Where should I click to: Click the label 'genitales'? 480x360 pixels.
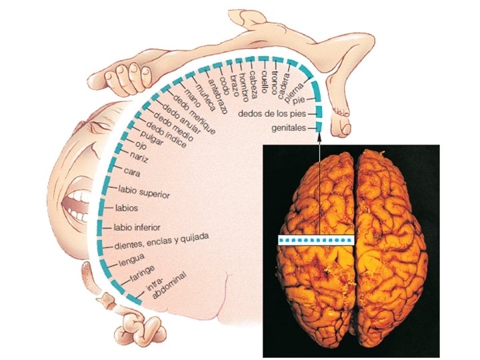tap(288, 127)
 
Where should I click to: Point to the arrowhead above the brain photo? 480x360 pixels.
tap(319, 137)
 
